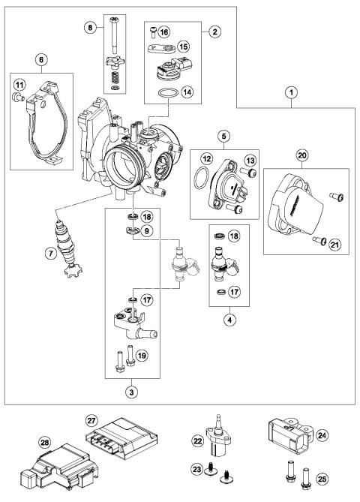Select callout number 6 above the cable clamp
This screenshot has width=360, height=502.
pyautogui.click(x=40, y=59)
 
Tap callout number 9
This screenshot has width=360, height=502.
pyautogui.click(x=148, y=231)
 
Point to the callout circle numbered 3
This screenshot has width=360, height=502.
pyautogui.click(x=133, y=391)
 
